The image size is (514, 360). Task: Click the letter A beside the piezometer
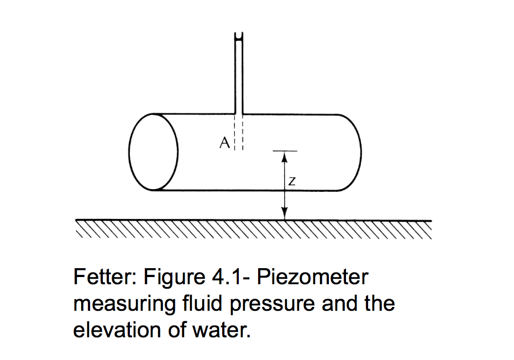pyautogui.click(x=224, y=143)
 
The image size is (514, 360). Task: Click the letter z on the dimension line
pyautogui.click(x=291, y=181)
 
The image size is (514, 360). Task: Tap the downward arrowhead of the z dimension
pyautogui.click(x=284, y=214)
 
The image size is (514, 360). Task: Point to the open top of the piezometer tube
pyautogui.click(x=239, y=37)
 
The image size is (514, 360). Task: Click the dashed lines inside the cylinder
pyautogui.click(x=239, y=135)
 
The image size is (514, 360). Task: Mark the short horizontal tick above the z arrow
pyautogui.click(x=284, y=151)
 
